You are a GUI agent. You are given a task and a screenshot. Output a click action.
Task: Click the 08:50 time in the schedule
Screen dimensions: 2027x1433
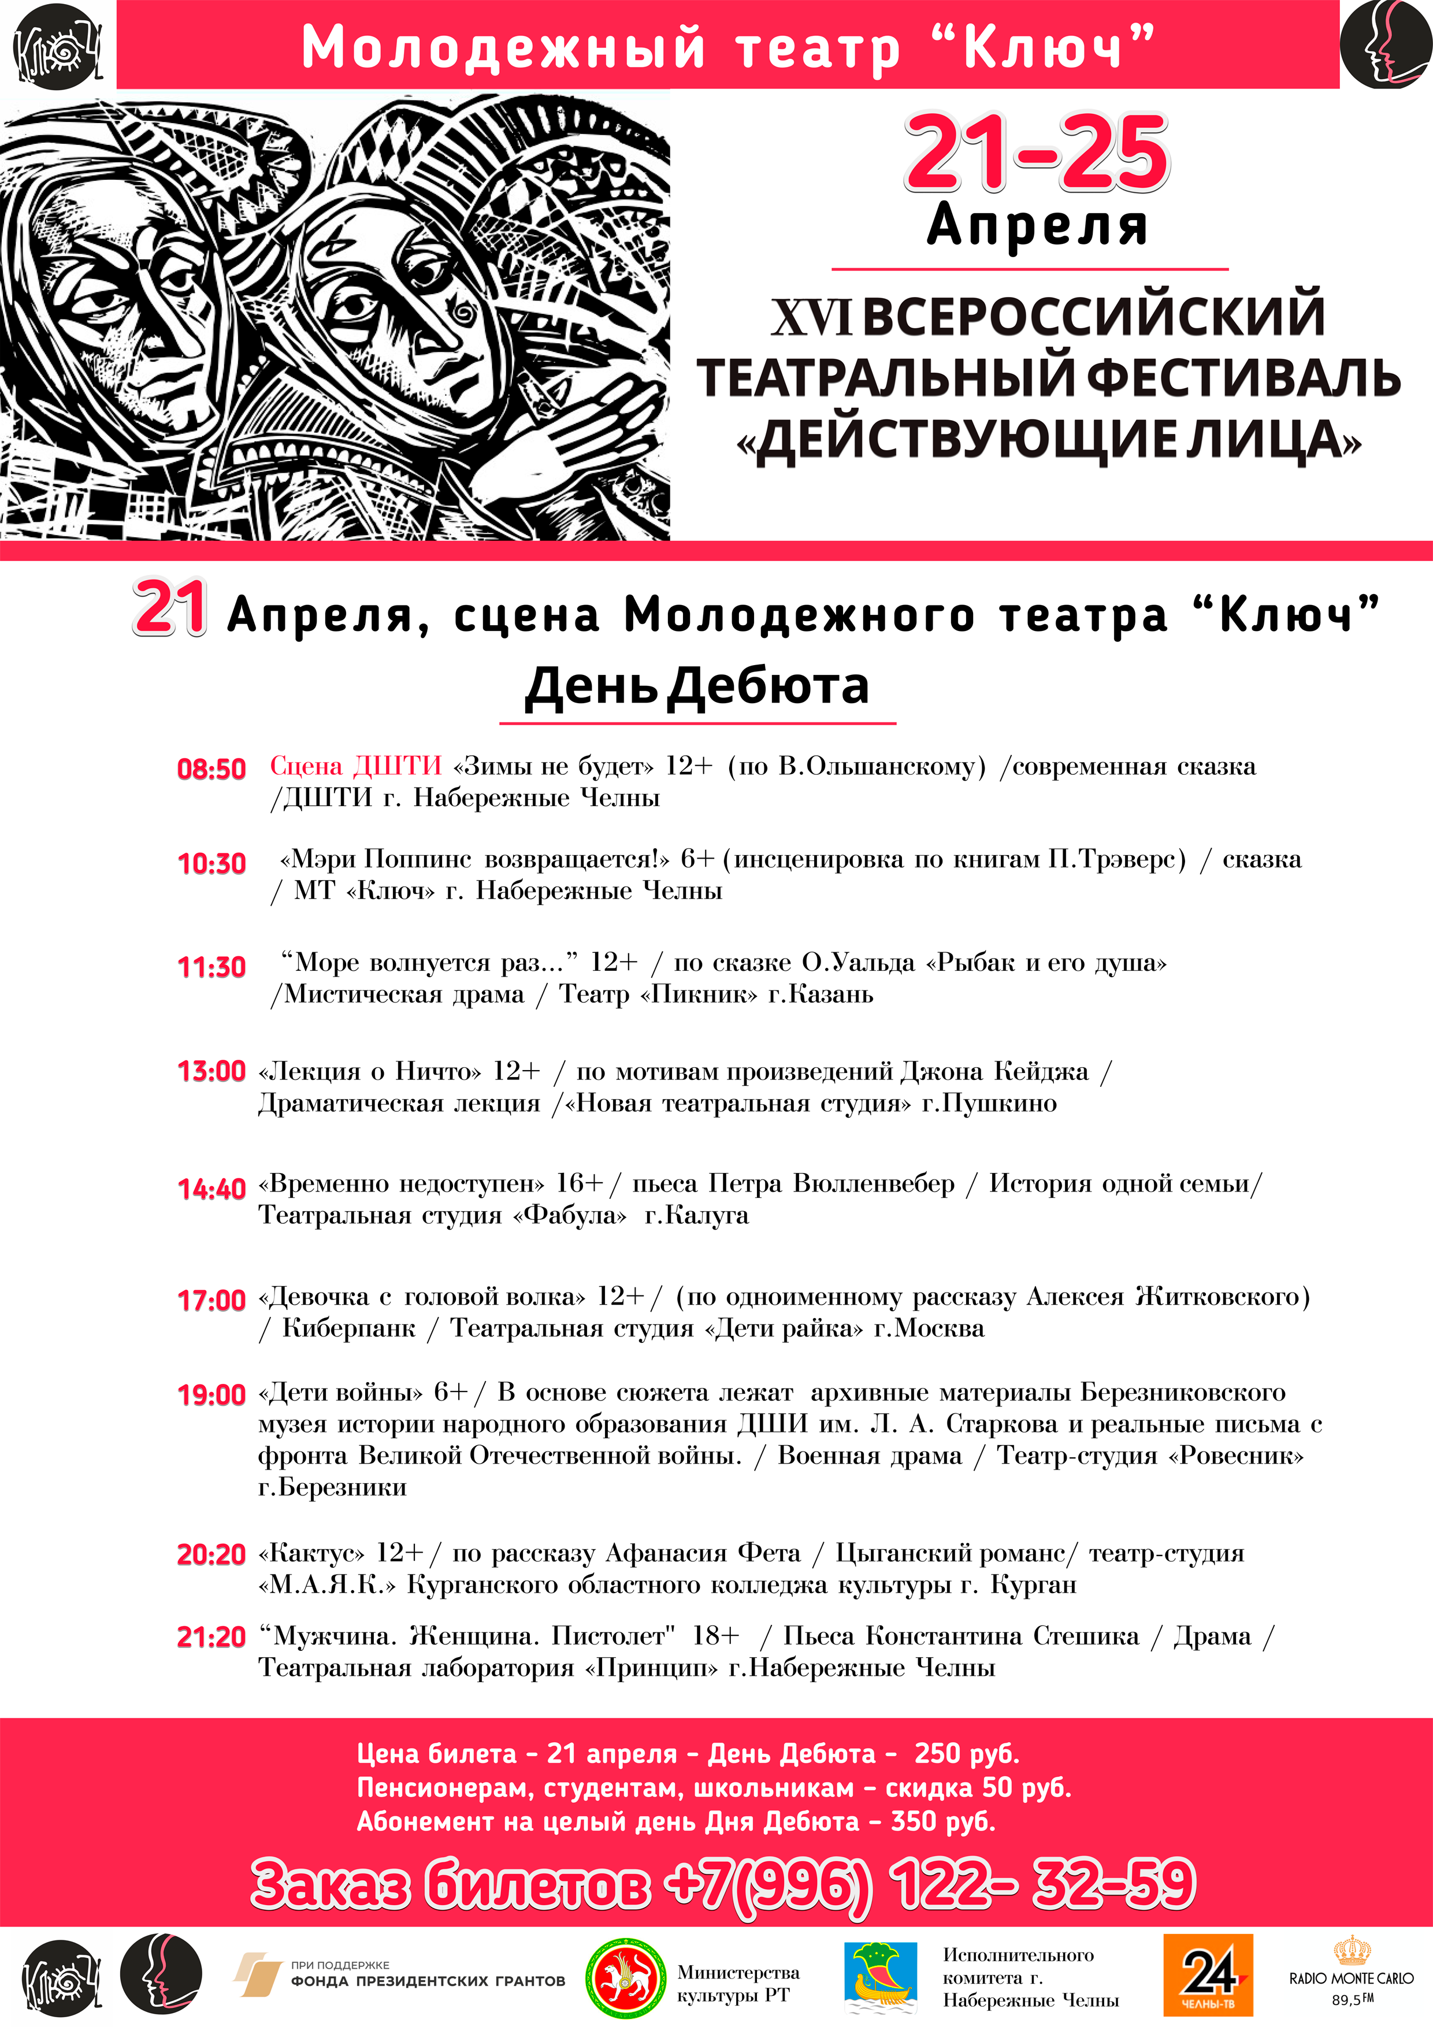pyautogui.click(x=211, y=769)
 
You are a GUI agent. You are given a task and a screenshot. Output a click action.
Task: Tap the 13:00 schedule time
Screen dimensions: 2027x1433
pyautogui.click(x=211, y=1071)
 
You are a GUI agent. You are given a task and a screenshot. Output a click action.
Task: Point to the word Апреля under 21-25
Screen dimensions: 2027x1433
pyautogui.click(x=1037, y=225)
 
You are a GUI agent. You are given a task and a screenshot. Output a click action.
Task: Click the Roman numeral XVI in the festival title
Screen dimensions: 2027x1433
pyautogui.click(x=811, y=317)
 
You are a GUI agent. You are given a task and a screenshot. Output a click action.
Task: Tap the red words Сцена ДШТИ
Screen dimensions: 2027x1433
pyautogui.click(x=355, y=766)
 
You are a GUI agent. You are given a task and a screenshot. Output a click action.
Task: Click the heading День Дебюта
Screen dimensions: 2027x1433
pyautogui.click(x=697, y=686)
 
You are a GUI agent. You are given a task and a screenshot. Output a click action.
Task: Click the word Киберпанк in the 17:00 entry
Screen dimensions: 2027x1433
pyautogui.click(x=349, y=1328)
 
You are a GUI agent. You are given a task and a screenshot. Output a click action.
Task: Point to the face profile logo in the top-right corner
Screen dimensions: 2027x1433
pyautogui.click(x=1384, y=43)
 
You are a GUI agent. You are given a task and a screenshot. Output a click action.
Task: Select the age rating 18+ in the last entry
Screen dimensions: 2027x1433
pyautogui.click(x=715, y=1636)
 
